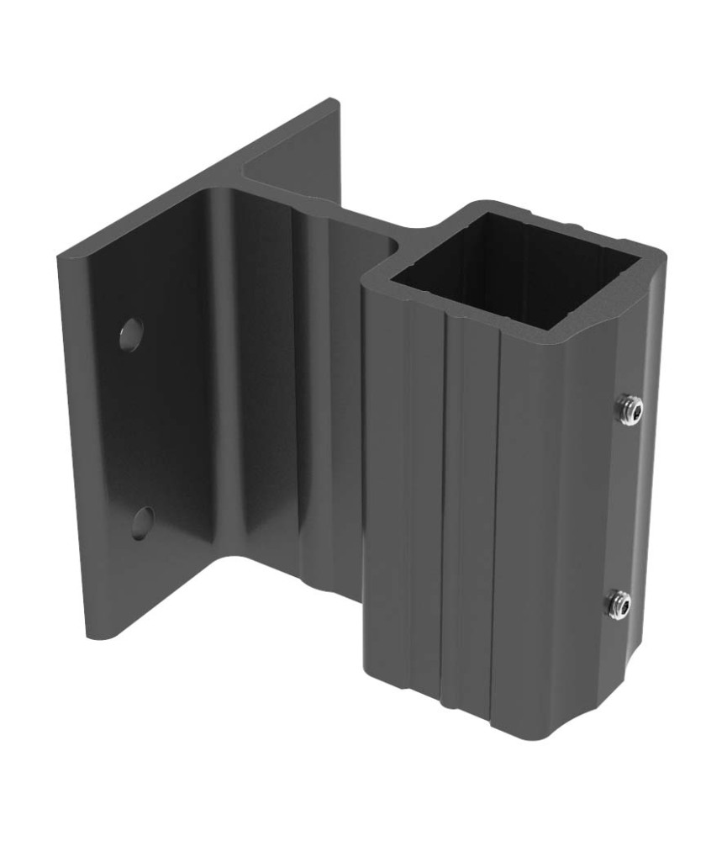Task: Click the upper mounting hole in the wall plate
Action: point(130,334)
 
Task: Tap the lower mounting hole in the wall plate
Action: point(143,522)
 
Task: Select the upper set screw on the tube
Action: point(629,410)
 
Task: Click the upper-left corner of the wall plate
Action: point(61,254)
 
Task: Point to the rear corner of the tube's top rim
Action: point(479,202)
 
